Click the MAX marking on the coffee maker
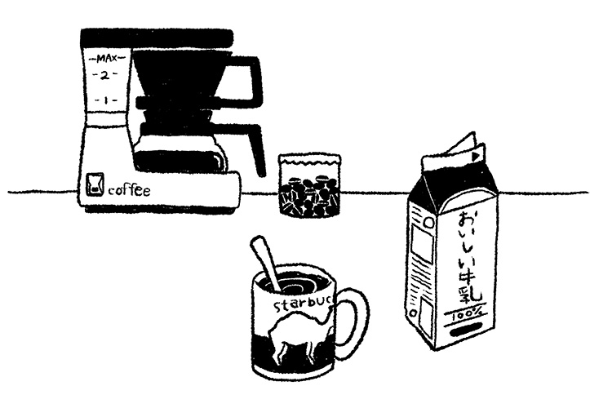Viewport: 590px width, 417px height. click(106, 59)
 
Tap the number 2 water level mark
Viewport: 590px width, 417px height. click(105, 75)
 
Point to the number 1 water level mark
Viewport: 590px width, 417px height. click(106, 100)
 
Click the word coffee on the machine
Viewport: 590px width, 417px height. click(129, 190)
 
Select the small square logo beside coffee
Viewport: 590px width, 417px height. click(95, 184)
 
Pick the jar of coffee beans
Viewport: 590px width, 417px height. click(309, 185)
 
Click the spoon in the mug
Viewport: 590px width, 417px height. click(266, 264)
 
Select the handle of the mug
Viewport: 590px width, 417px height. click(353, 322)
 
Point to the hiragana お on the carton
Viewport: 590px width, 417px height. click(468, 220)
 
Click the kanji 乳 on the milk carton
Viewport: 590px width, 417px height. click(469, 294)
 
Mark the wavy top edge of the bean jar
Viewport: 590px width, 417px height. click(309, 163)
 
